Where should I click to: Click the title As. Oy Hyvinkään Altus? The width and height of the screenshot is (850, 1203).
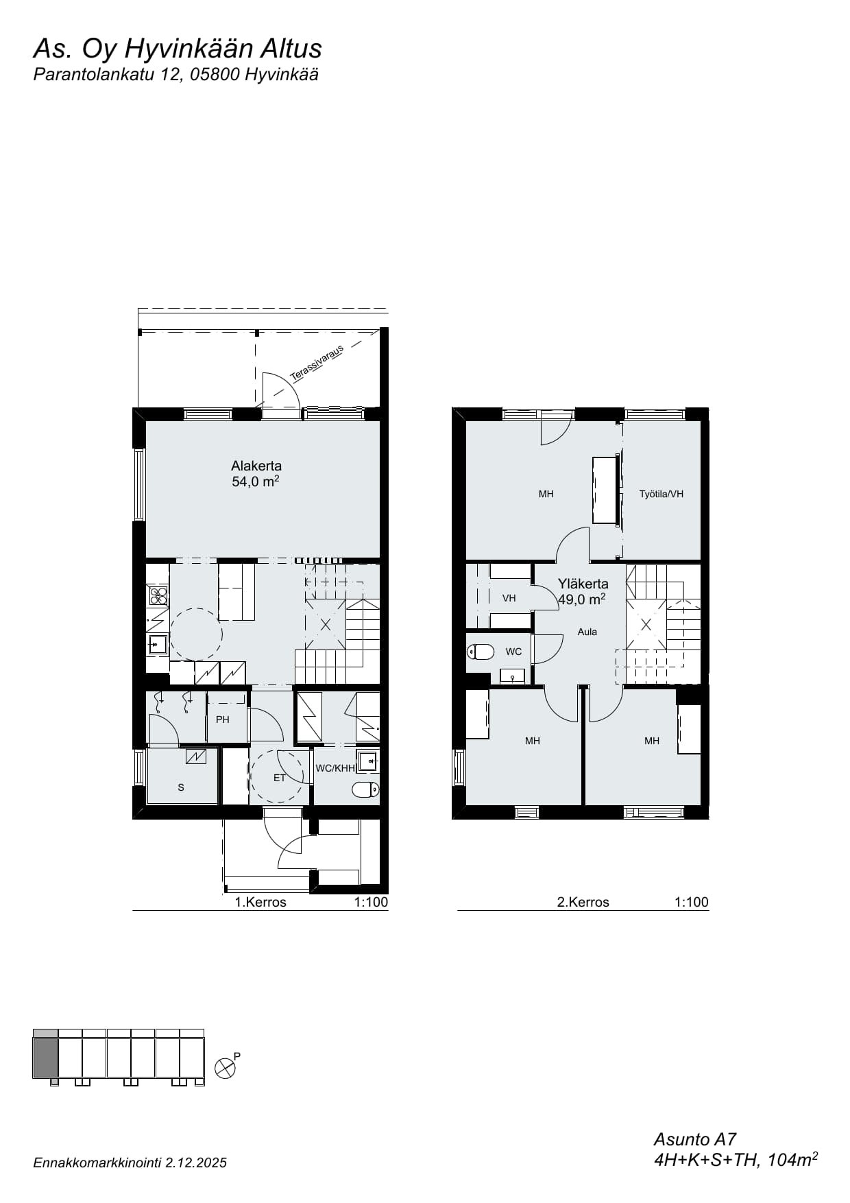178,49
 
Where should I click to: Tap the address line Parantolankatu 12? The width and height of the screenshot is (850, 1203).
108,75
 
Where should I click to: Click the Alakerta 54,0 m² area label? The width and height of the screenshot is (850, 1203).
256,474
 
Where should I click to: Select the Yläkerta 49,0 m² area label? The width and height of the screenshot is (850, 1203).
582,591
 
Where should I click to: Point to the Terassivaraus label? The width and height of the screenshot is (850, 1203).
317,364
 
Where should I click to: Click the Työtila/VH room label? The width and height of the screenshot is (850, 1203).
661,494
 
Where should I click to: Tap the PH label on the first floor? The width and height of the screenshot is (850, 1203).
223,719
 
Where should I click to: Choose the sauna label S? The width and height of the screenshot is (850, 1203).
181,787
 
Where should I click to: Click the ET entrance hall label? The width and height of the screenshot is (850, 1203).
279,778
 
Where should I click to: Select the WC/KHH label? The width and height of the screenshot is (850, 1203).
335,768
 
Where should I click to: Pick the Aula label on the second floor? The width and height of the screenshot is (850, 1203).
587,632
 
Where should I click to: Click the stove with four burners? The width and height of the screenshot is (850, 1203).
158,595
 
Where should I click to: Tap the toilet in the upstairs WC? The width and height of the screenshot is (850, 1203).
481,652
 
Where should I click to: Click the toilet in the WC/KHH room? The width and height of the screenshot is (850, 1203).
365,790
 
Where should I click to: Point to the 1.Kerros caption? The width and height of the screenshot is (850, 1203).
260,902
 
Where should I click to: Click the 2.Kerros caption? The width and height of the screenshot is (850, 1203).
583,902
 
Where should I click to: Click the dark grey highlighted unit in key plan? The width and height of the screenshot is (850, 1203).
45,1058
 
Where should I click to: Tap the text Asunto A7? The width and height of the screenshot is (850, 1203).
694,1139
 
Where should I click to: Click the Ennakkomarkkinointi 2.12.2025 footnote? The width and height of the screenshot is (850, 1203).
130,1163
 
